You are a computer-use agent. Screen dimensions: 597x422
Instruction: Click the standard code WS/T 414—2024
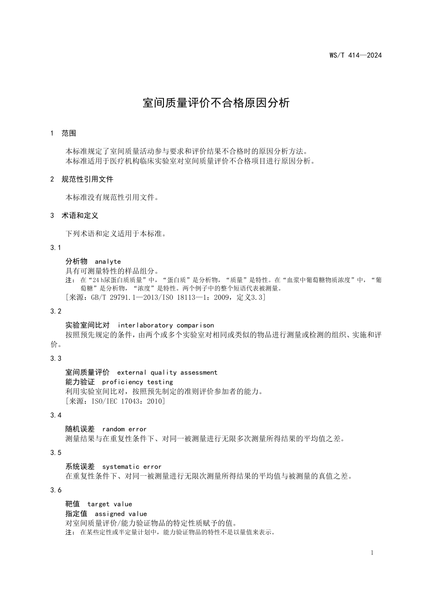pos(355,56)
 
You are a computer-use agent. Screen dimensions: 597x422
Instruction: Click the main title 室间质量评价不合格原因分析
pos(216,103)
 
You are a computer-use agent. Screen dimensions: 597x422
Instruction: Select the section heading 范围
pos(69,133)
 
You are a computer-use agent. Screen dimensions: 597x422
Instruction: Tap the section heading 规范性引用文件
pos(87,179)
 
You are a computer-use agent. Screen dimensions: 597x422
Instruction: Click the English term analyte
pos(108,262)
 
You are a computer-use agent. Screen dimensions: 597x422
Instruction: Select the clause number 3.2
pos(56,311)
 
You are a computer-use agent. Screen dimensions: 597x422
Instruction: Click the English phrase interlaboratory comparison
pos(166,326)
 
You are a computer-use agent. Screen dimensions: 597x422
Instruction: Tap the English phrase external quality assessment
pos(167,373)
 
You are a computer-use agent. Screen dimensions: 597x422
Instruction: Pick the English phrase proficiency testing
pos(138,382)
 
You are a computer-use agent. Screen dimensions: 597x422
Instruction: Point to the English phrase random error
pos(124,429)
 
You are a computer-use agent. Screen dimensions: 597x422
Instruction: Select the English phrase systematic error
pos(132,467)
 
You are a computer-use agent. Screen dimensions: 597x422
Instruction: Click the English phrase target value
pos(110,504)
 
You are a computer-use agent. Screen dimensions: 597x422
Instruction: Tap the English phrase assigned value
pos(121,514)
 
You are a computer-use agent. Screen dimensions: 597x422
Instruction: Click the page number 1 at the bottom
pos(372,553)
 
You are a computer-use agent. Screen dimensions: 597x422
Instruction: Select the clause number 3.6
pos(56,490)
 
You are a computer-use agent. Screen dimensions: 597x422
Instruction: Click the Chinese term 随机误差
pos(80,429)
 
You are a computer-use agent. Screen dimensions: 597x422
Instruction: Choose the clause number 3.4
pos(56,415)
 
